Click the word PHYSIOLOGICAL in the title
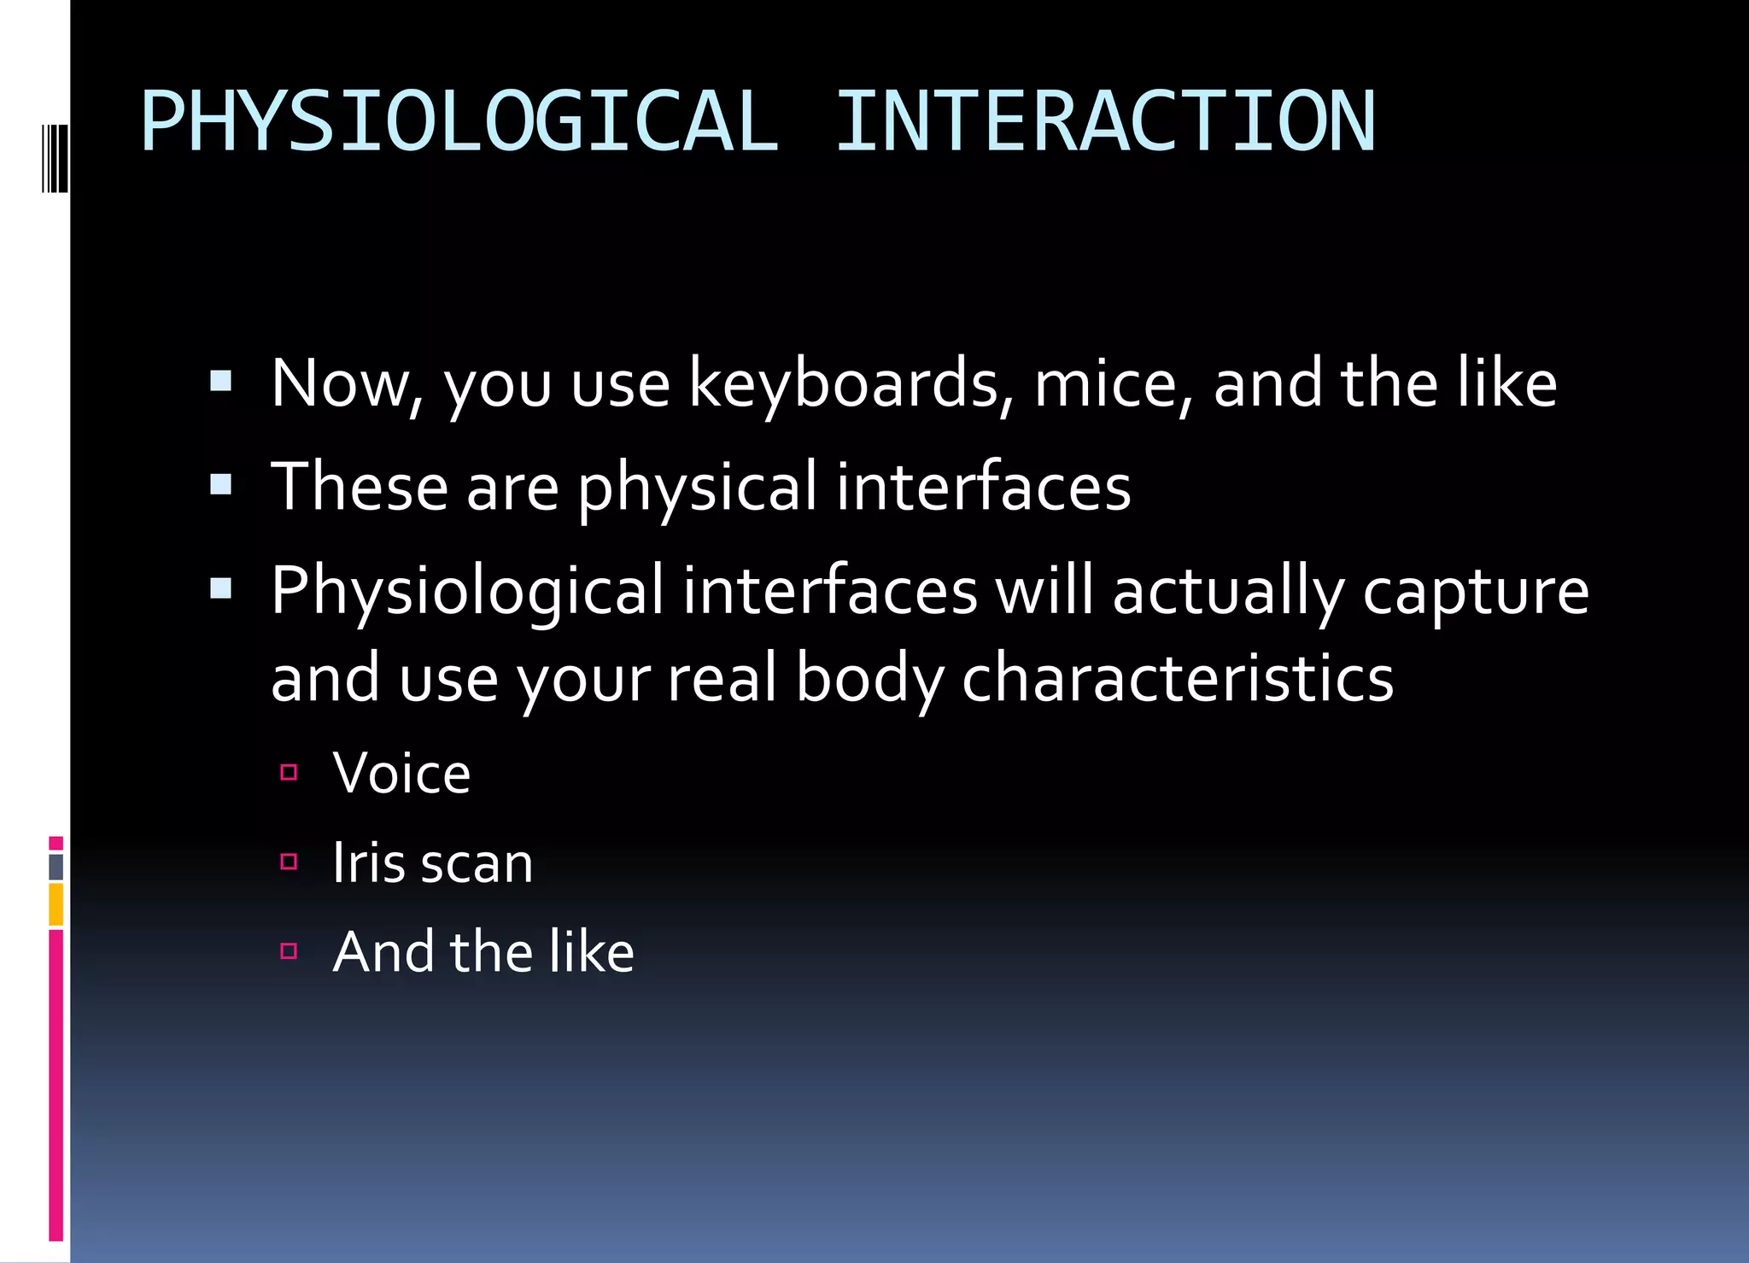459,122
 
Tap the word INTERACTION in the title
1105,122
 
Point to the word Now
346,383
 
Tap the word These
360,487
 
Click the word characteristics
1178,678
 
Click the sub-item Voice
401,774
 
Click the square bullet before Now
221,380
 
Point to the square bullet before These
221,484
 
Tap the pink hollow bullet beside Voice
289,773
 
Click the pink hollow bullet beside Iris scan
289,862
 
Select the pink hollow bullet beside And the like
289,950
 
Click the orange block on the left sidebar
56,905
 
